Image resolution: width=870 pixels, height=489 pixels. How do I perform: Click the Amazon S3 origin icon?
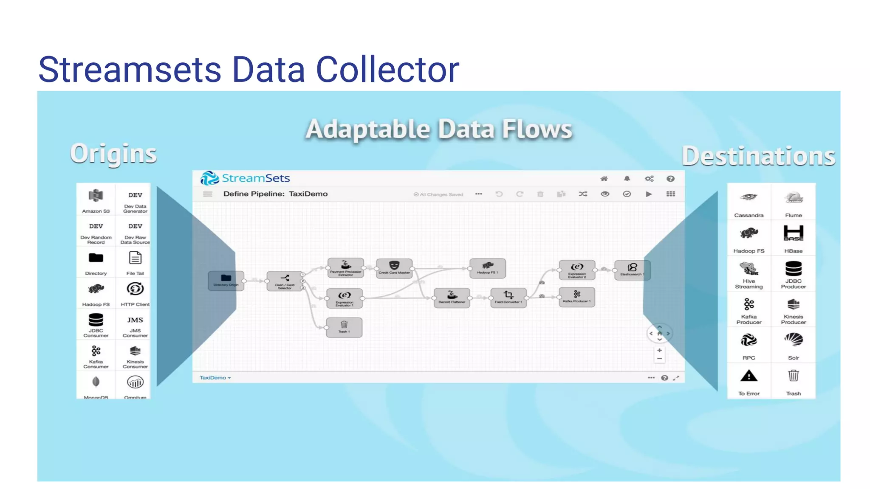tap(96, 196)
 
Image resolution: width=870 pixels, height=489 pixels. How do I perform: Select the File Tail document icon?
tap(135, 258)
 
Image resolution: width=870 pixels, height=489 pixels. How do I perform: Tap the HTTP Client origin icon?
tap(135, 289)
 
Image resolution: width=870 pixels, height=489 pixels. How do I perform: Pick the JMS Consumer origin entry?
tap(135, 325)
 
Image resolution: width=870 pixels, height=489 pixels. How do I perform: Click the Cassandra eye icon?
tap(749, 197)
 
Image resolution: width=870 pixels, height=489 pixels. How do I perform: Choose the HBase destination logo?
tap(793, 233)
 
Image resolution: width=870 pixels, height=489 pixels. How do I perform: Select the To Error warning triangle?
tap(749, 376)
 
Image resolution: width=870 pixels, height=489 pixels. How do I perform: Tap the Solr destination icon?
tap(793, 340)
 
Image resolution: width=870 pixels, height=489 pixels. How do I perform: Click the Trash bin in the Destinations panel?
tap(793, 376)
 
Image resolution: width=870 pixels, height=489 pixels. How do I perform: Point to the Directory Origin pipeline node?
tap(226, 281)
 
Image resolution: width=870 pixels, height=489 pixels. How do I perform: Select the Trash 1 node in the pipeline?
tap(344, 327)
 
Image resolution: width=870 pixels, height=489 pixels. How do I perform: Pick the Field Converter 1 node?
tap(508, 297)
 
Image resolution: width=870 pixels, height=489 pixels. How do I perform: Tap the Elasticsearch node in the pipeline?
tap(632, 270)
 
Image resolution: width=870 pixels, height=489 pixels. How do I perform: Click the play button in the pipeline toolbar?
tap(649, 194)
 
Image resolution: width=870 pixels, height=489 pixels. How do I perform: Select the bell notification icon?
tap(627, 179)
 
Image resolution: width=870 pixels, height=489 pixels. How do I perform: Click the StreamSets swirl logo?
tap(209, 178)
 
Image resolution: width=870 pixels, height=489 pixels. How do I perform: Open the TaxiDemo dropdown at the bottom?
tap(215, 378)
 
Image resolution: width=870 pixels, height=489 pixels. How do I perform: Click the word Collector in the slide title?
tap(387, 70)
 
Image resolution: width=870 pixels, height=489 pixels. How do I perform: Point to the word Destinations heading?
tap(758, 156)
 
